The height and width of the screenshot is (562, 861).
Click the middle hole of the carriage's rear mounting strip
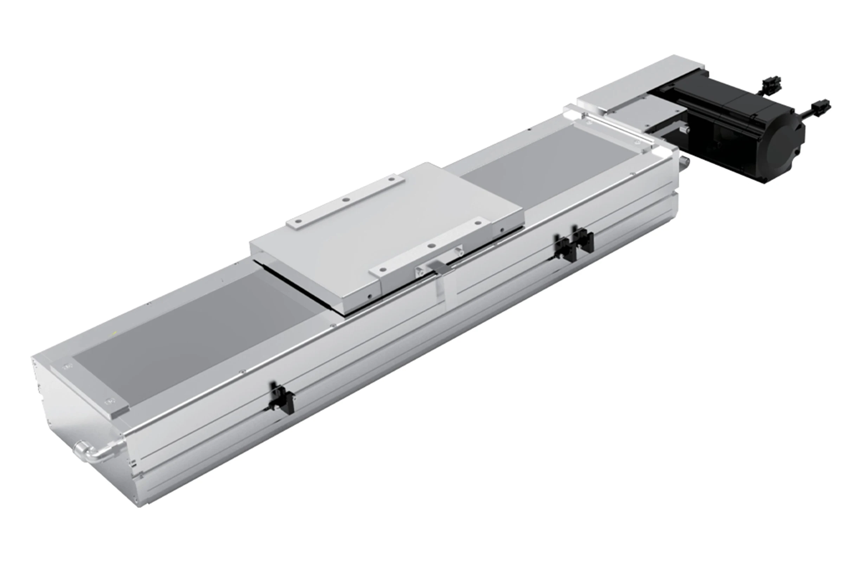click(346, 200)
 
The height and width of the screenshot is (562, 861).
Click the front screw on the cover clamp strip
click(109, 401)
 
